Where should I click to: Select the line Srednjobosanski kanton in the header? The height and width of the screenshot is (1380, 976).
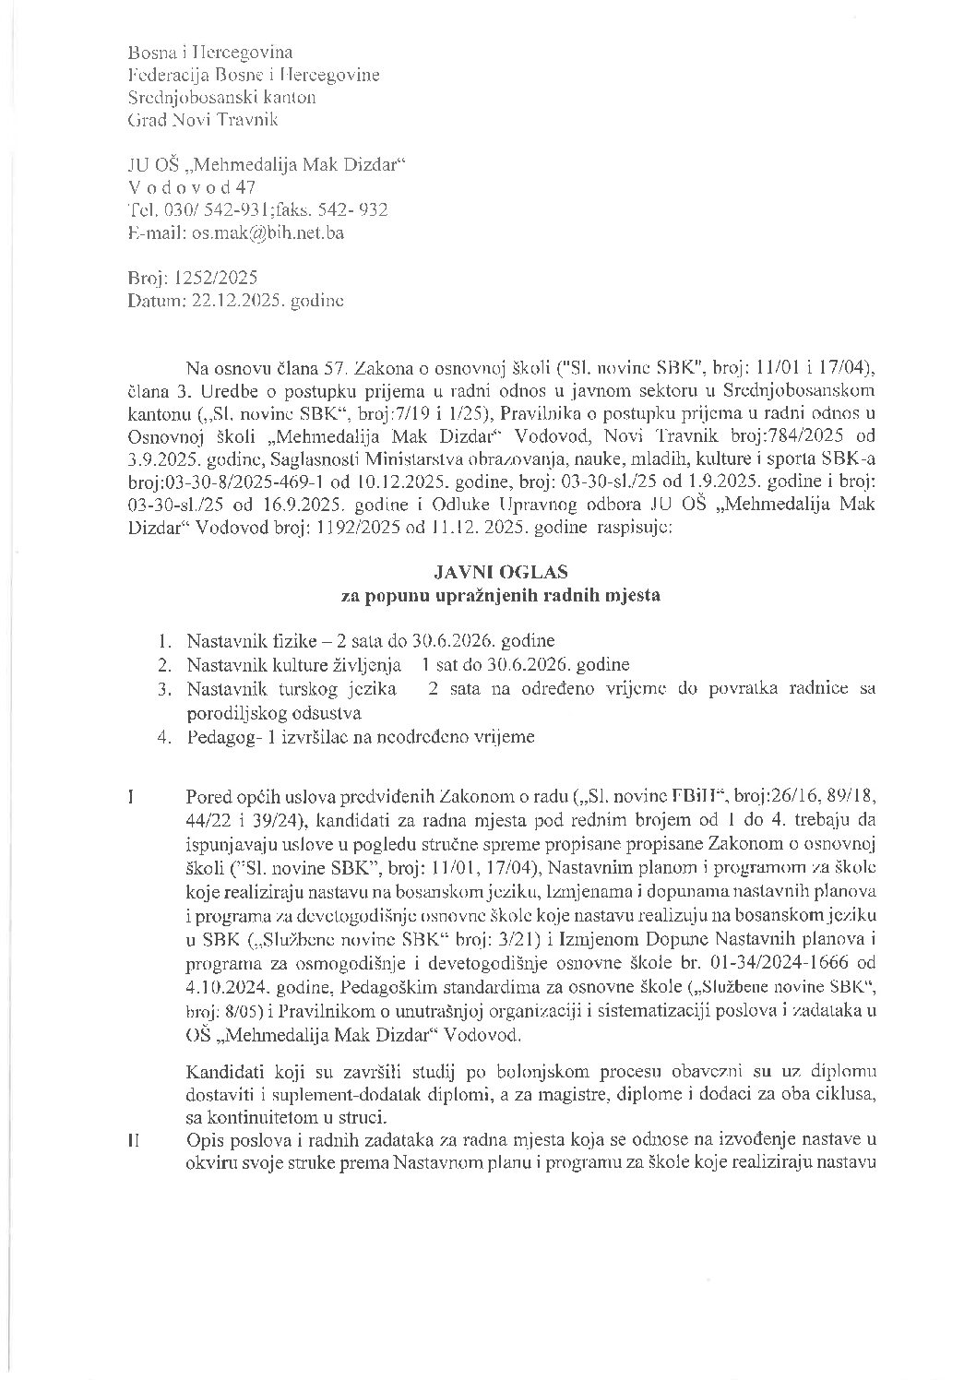222,97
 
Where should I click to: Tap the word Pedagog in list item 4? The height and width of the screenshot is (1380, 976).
218,737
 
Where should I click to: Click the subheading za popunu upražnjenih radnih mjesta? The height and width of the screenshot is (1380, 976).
501,596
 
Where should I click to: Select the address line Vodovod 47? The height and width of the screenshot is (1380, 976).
191,187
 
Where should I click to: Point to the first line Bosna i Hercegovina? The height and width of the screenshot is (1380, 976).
210,53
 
